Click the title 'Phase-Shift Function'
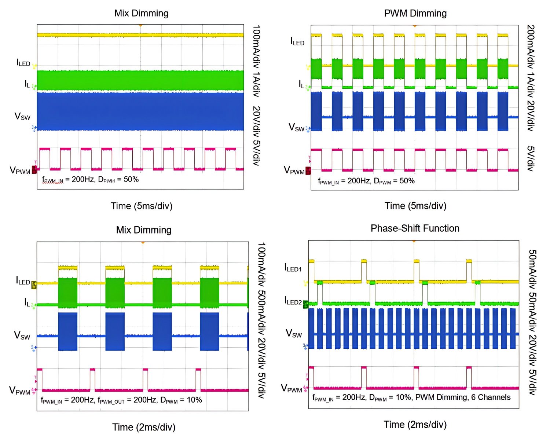click(x=415, y=228)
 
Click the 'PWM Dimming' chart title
click(x=415, y=14)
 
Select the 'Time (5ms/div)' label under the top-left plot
click(x=142, y=206)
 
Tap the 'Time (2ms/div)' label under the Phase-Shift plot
click(x=415, y=425)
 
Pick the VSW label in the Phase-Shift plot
click(x=294, y=334)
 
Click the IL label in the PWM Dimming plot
click(x=301, y=84)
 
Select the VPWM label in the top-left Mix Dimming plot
click(x=20, y=170)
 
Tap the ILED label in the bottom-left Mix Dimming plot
click(x=23, y=281)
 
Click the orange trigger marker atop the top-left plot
click(x=140, y=26)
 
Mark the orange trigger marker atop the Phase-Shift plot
click(x=414, y=241)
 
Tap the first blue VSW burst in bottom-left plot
click(x=68, y=331)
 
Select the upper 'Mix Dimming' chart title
click(x=141, y=14)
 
